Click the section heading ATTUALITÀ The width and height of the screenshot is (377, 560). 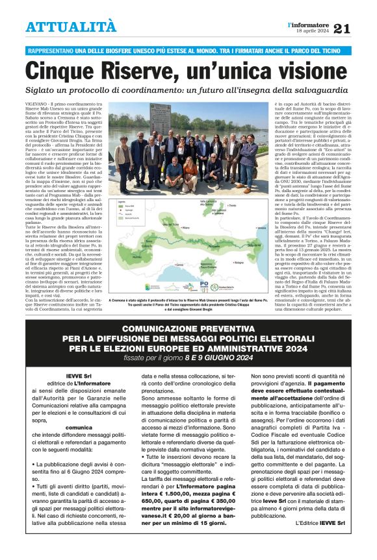pos(71,27)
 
